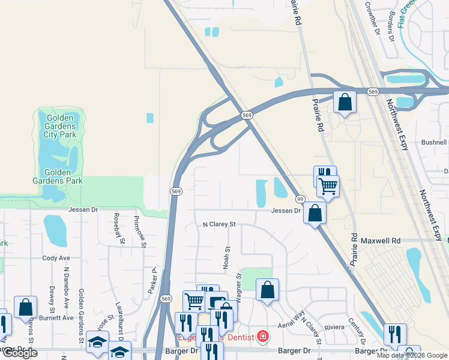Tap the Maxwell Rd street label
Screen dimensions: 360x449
click(380, 241)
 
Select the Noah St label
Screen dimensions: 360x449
click(227, 257)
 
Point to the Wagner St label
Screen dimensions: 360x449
click(239, 284)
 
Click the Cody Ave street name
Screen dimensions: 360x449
click(56, 258)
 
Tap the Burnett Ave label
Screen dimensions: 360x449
click(58, 317)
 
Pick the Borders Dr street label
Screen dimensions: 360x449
click(391, 26)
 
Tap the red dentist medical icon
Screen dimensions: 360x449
click(262, 337)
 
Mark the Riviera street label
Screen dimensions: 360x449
click(334, 327)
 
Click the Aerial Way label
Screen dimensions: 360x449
click(290, 324)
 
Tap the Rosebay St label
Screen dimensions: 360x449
click(116, 228)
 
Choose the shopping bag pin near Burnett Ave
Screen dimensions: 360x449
click(25, 307)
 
